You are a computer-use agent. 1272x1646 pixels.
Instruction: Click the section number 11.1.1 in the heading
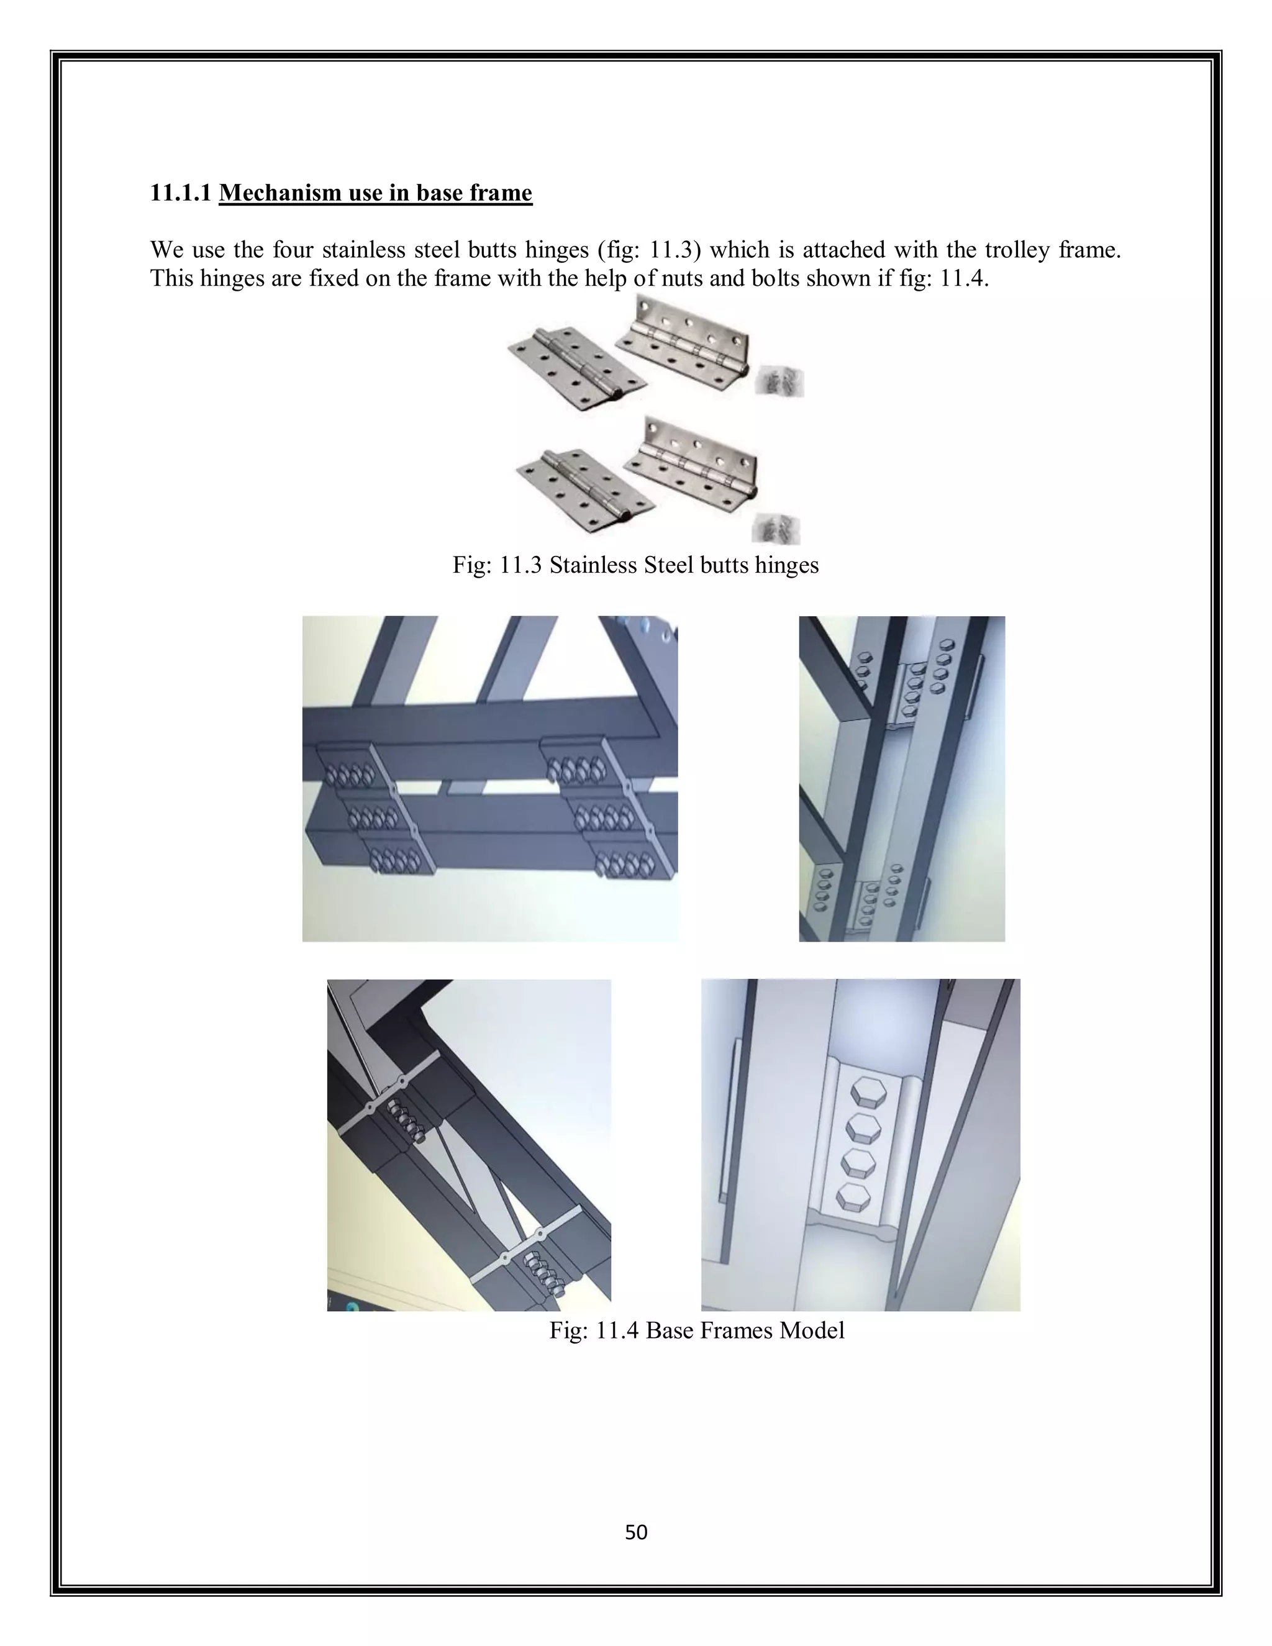pyautogui.click(x=180, y=193)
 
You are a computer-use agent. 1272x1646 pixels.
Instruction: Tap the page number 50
pyautogui.click(x=636, y=1532)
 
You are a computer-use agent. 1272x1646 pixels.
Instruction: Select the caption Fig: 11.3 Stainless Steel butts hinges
pyautogui.click(x=635, y=565)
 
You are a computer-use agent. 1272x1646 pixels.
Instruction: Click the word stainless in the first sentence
pyautogui.click(x=364, y=250)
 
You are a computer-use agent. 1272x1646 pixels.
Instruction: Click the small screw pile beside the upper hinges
pyautogui.click(x=779, y=381)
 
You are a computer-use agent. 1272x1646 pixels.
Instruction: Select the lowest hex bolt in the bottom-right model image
pyautogui.click(x=852, y=1196)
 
